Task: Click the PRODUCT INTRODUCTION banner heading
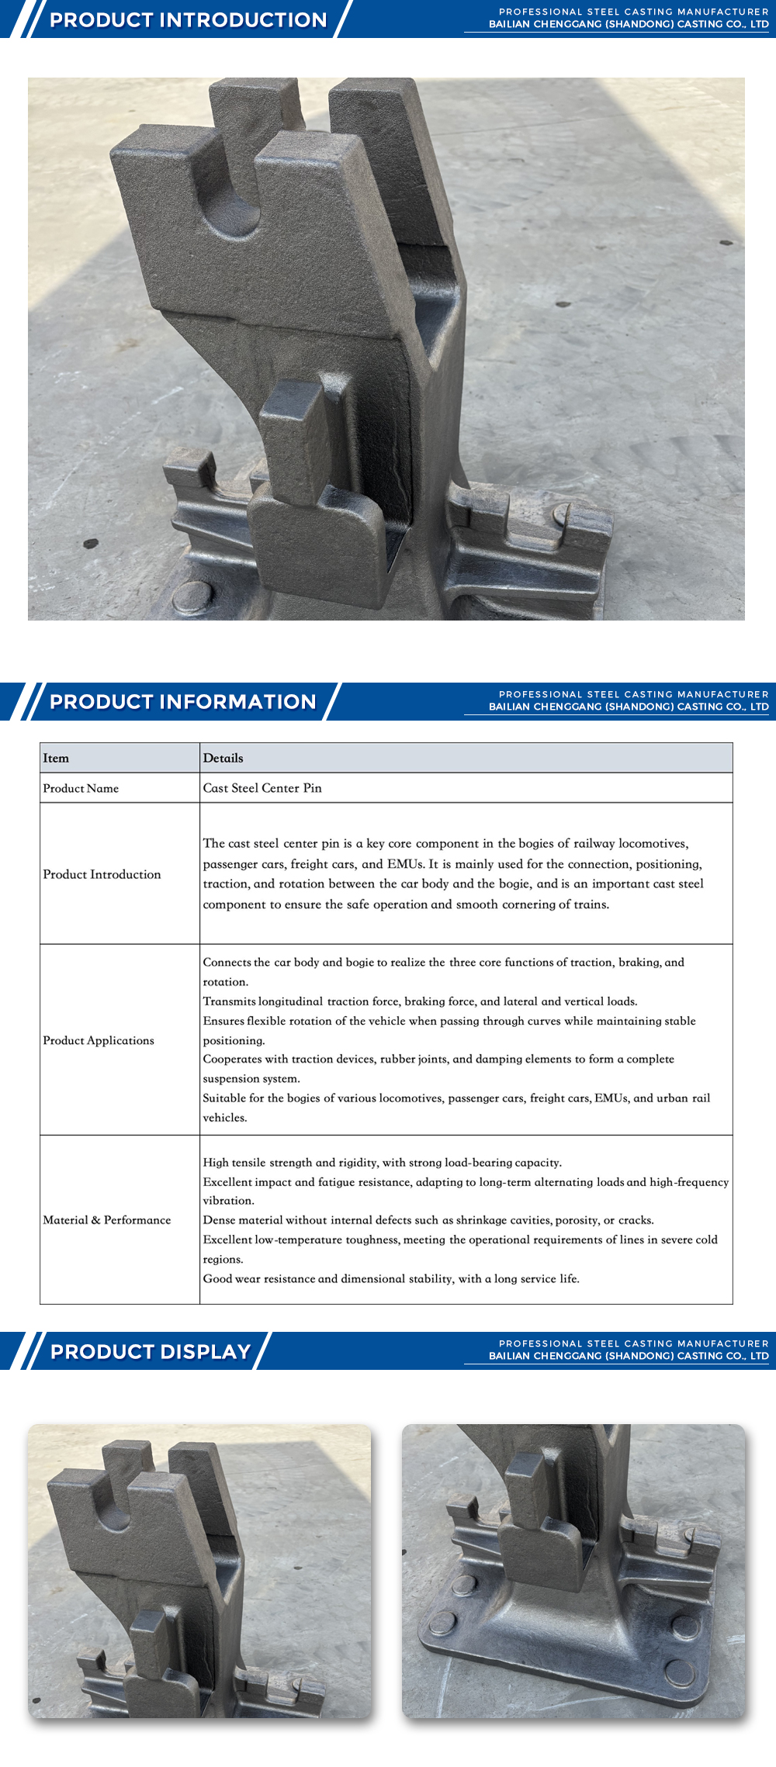tap(188, 19)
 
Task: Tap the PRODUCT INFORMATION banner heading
tap(183, 701)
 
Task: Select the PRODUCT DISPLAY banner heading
tap(151, 1351)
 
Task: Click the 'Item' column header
tap(56, 758)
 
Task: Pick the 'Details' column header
tap(223, 758)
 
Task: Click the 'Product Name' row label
tap(81, 788)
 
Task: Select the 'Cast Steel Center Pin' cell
tap(262, 788)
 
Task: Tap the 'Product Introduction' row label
tap(102, 874)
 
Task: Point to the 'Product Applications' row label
tap(99, 1040)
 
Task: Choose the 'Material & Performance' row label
tap(107, 1219)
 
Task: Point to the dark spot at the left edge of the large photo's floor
tap(91, 543)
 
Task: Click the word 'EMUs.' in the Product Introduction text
tap(406, 863)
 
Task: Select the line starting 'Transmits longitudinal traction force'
tap(420, 1001)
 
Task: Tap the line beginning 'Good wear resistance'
tap(391, 1278)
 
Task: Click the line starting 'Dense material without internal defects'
tap(428, 1220)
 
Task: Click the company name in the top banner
tap(629, 24)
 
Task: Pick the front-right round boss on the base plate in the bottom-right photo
tap(680, 1670)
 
